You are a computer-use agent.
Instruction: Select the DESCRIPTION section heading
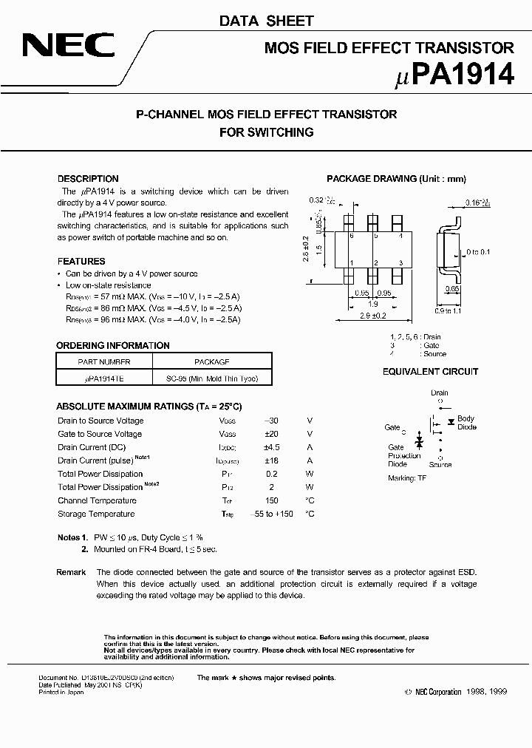pyautogui.click(x=88, y=179)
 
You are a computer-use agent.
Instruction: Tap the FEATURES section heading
pyautogui.click(x=81, y=262)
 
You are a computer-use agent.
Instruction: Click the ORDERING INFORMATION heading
pyautogui.click(x=113, y=346)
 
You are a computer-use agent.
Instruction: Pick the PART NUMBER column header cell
pyautogui.click(x=104, y=362)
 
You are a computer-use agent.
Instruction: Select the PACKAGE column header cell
pyautogui.click(x=211, y=362)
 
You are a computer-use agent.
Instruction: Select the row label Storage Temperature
pyautogui.click(x=96, y=514)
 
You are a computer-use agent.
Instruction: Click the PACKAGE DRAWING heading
pyautogui.click(x=396, y=179)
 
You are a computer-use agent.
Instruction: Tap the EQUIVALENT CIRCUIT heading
pyautogui.click(x=430, y=372)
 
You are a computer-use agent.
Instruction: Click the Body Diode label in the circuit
pyautogui.click(x=466, y=423)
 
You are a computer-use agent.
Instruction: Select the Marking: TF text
pyautogui.click(x=407, y=478)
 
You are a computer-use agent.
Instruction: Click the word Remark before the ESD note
pyautogui.click(x=71, y=572)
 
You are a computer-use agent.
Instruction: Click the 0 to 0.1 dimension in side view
pyautogui.click(x=477, y=253)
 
